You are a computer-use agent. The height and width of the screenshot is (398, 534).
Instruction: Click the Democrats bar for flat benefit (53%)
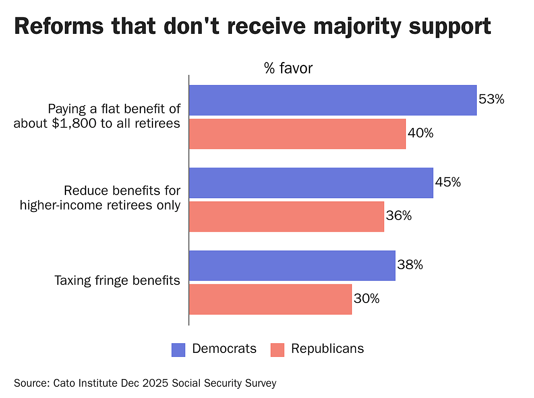(333, 100)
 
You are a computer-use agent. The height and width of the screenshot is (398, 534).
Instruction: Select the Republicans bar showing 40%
(297, 134)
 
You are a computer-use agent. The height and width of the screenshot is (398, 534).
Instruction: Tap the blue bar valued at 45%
(311, 183)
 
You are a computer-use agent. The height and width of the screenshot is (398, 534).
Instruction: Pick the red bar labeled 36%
(286, 216)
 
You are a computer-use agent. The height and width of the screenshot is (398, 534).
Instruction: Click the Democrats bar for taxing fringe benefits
(292, 265)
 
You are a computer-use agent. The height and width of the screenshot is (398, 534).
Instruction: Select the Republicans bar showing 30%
(270, 299)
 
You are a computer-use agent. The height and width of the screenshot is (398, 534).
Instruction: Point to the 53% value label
(491, 99)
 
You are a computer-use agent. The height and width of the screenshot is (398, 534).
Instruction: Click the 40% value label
(420, 133)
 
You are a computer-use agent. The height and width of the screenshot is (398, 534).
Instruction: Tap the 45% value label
(448, 182)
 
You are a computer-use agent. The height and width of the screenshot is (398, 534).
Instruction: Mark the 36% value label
(399, 216)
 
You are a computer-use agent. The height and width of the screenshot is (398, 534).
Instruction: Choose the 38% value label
(410, 265)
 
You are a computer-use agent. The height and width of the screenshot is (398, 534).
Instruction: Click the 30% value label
(366, 298)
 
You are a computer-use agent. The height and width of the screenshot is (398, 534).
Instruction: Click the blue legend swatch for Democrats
(178, 350)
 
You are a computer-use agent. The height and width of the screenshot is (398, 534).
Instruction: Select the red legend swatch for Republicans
(277, 350)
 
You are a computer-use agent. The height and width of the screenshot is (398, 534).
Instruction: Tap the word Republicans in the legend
(327, 348)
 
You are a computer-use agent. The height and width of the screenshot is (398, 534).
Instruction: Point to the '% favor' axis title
(288, 68)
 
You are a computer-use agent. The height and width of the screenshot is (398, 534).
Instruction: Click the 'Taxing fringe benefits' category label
(117, 280)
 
